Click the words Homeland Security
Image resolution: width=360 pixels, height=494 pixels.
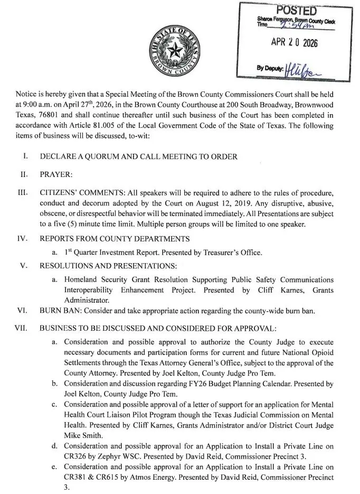point(94,279)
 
